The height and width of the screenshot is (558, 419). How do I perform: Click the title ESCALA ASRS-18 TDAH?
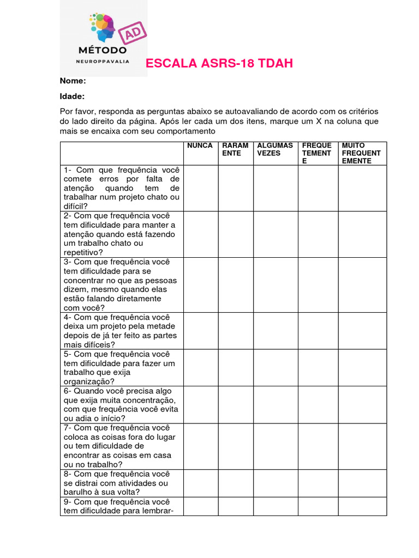point(219,64)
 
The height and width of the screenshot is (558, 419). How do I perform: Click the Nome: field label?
point(73,81)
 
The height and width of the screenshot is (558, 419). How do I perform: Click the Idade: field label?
point(72,96)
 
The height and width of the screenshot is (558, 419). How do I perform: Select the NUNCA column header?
point(200,146)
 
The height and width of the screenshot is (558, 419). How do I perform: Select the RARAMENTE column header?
point(235,149)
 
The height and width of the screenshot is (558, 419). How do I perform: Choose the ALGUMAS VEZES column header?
point(275,149)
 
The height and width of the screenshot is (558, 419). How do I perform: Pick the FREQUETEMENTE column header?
point(317,153)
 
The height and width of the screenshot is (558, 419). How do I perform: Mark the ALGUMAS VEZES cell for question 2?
point(275,234)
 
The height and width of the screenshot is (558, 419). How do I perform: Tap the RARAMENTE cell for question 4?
point(235,331)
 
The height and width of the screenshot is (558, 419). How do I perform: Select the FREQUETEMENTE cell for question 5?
point(318,368)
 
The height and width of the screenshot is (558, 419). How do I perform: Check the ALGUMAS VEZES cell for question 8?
point(275,483)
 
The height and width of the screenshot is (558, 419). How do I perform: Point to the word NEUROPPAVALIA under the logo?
point(103,62)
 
